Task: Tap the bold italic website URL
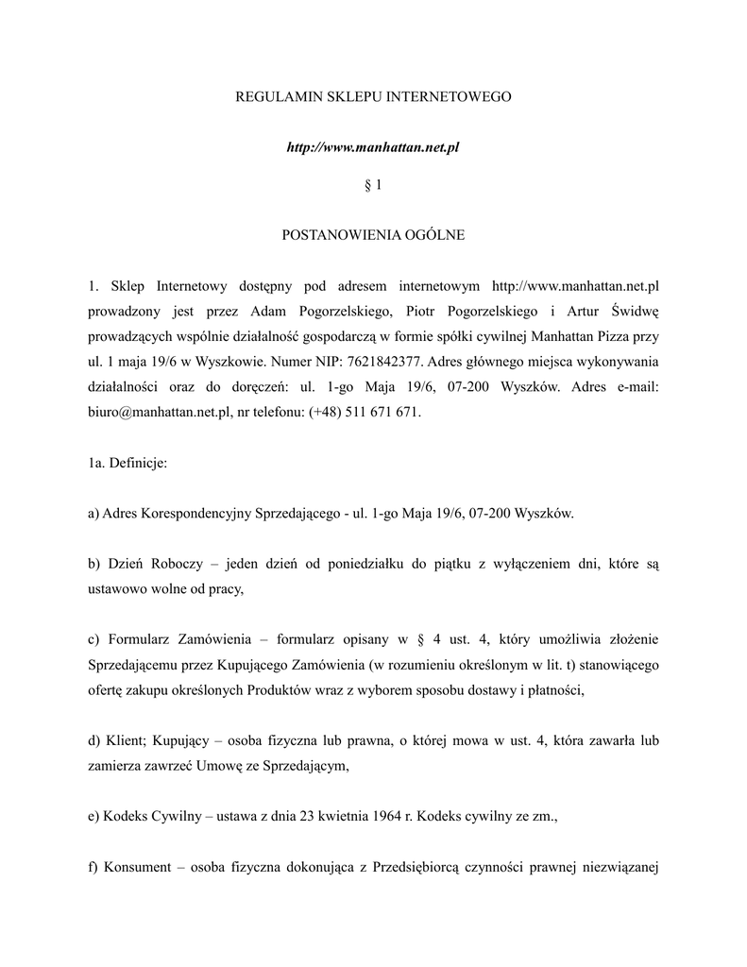373,148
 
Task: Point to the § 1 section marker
373,185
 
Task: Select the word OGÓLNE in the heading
433,234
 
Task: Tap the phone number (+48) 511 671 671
365,413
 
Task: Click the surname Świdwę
635,311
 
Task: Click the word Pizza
618,336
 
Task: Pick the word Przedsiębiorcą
425,868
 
